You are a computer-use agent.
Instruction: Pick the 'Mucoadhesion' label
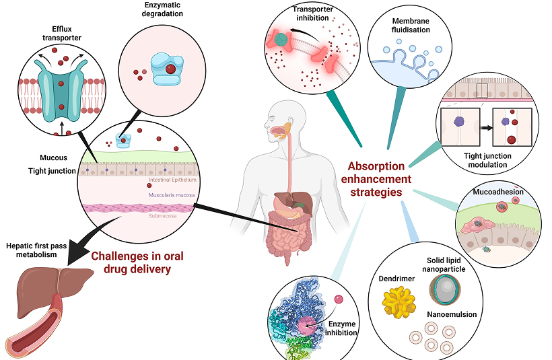coord(497,192)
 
